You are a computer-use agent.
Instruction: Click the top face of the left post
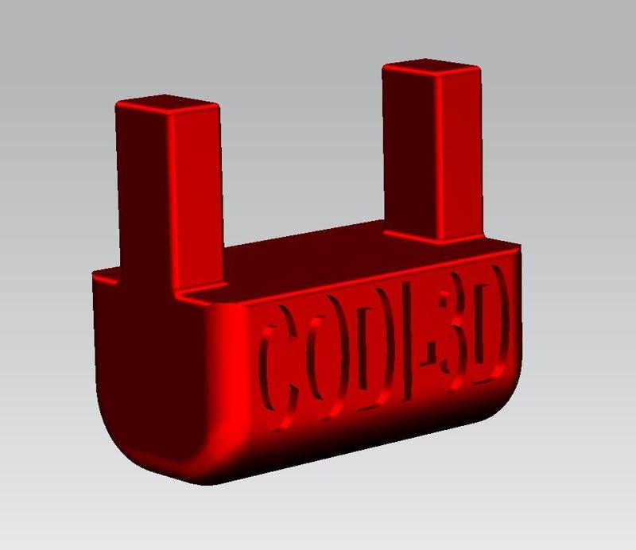pos(167,104)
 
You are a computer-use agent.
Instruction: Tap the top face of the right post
pos(432,69)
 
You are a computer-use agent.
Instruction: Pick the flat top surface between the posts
pos(302,254)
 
